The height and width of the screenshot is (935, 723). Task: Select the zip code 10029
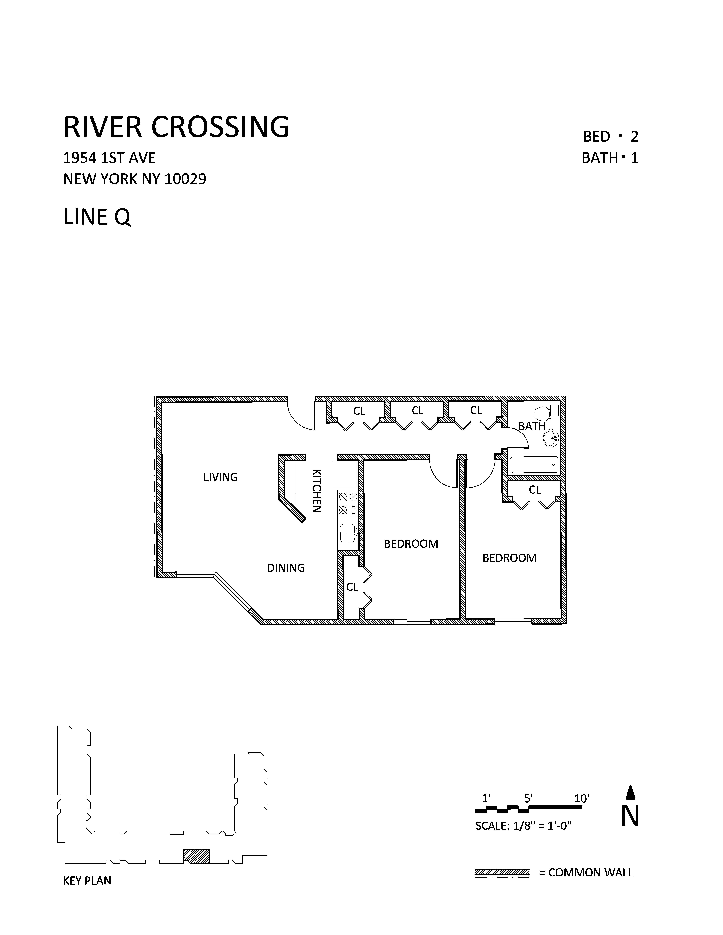tap(185, 179)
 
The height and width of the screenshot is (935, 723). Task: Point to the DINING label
tap(286, 568)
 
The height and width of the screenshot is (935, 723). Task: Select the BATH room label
tap(531, 426)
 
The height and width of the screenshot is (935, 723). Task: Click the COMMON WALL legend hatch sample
tap(502, 872)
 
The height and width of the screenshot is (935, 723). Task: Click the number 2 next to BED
tap(634, 137)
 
